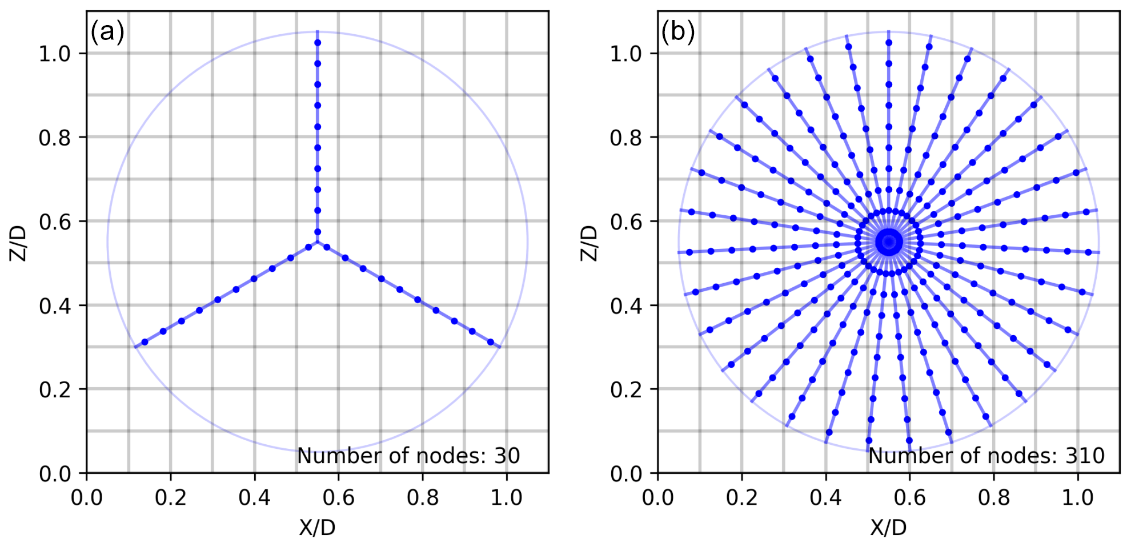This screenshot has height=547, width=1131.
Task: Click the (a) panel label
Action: [107, 32]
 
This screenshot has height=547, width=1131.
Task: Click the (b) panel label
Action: [678, 32]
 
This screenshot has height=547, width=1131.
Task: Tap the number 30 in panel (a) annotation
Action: [507, 456]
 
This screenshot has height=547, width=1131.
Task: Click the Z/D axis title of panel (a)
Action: [18, 243]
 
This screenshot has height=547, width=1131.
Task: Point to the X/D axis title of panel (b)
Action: [888, 528]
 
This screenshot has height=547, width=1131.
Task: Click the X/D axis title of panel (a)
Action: [317, 528]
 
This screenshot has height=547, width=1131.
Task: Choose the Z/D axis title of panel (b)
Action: [589, 243]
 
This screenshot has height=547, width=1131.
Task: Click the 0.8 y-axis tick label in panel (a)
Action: [54, 138]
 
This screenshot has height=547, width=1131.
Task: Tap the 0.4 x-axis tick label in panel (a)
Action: [254, 498]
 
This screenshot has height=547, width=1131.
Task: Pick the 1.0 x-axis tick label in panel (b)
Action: [1077, 498]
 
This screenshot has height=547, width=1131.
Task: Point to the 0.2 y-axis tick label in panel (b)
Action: [625, 389]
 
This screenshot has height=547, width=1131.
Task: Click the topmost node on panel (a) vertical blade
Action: [318, 43]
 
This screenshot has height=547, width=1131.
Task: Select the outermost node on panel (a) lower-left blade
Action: [145, 342]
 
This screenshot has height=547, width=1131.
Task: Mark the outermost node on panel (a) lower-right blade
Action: [491, 342]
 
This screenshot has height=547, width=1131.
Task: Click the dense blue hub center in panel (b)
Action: [889, 242]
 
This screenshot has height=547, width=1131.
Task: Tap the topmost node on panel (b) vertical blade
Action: [889, 42]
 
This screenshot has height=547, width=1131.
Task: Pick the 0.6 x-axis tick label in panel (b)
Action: [909, 498]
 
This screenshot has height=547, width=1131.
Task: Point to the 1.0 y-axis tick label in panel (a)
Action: [54, 54]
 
